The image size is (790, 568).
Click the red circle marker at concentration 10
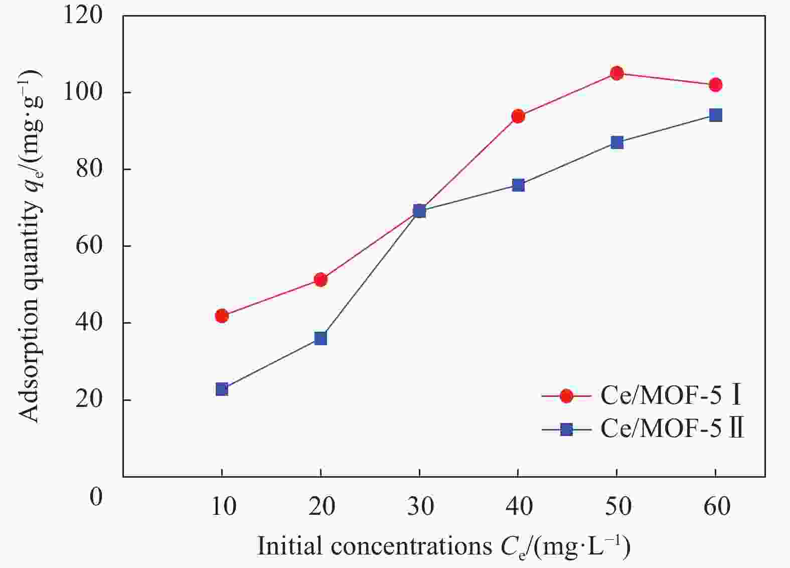(222, 316)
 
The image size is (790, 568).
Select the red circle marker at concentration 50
(617, 73)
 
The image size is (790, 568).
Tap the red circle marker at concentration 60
(716, 85)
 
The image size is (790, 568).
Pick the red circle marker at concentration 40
(518, 116)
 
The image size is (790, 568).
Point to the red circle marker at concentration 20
(321, 279)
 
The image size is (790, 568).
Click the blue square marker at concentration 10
(222, 389)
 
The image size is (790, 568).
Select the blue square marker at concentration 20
(321, 338)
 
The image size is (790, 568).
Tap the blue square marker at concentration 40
(518, 185)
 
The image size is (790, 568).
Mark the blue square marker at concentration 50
(617, 143)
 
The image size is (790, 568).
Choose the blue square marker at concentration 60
(716, 115)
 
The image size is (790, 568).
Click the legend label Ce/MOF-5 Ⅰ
(671, 396)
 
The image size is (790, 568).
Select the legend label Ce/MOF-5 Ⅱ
(672, 429)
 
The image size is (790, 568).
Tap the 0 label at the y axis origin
(96, 497)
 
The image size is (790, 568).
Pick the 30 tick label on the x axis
(420, 507)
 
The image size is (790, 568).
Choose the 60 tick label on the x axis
(716, 507)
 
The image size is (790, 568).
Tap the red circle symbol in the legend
(566, 396)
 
